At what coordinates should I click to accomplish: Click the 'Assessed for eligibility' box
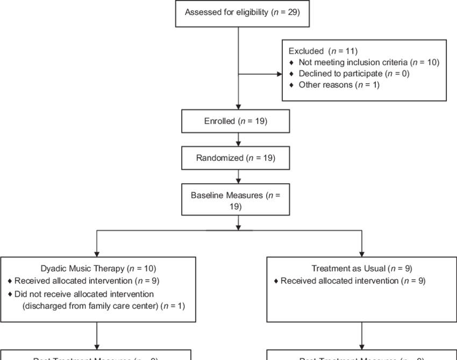[242, 13]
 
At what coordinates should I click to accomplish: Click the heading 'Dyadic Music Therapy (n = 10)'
[98, 268]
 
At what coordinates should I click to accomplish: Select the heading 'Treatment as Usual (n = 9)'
[362, 268]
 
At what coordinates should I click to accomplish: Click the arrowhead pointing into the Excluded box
[279, 75]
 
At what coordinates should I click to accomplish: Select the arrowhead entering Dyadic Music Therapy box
[97, 253]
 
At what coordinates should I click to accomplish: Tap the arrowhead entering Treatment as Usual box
[362, 253]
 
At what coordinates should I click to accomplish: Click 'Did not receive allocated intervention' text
[84, 294]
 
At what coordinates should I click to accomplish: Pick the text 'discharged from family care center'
[91, 306]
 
